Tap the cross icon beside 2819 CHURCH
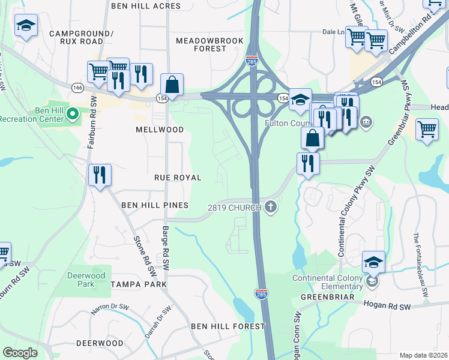(271, 207)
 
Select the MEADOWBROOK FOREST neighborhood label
(209, 44)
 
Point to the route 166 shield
(77, 88)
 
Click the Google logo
(20, 352)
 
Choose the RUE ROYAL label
(177, 178)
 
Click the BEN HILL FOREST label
(228, 326)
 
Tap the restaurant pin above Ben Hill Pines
(100, 175)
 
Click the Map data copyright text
(424, 355)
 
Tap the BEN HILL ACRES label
(146, 6)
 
